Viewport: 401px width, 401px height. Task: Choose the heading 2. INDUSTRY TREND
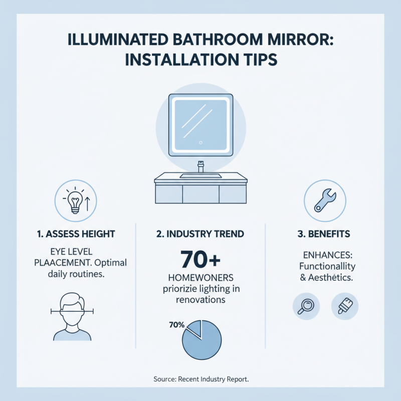(200, 234)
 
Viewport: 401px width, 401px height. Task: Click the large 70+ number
(200, 261)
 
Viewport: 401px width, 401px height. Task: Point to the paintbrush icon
(345, 307)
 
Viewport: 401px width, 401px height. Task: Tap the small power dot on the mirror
(200, 142)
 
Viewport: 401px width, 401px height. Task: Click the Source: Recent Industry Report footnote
(200, 379)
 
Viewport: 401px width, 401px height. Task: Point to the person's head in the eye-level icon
(70, 308)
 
